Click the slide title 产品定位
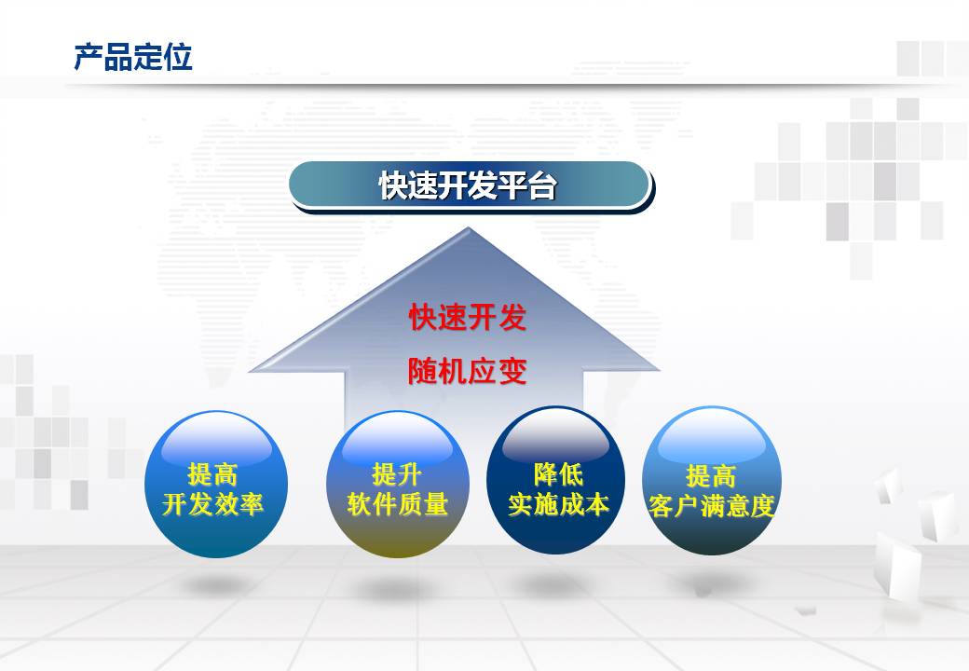133,57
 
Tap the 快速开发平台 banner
469,185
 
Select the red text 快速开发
467,318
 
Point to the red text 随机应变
467,371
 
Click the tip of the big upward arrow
468,228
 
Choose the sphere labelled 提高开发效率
215,484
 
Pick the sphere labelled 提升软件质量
397,484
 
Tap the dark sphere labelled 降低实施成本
555,479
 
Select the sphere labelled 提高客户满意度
711,480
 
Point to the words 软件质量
397,504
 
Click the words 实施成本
558,504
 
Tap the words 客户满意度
711,506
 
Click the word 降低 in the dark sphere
558,474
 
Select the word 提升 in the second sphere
397,474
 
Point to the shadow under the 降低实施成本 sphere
555,583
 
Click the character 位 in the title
179,57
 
